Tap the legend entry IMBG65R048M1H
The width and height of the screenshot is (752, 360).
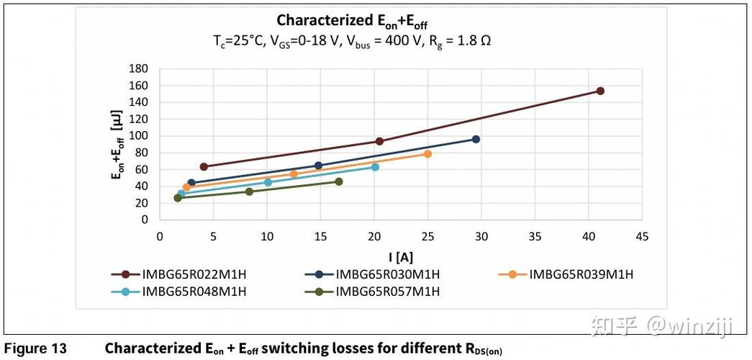point(194,292)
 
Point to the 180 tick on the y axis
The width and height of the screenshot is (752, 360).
point(138,69)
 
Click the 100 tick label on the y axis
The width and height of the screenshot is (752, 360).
point(138,136)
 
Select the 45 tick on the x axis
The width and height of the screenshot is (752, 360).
point(642,236)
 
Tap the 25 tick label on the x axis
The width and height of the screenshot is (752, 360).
point(427,236)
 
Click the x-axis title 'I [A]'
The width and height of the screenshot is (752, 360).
point(400,256)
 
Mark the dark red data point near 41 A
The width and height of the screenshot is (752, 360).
point(600,91)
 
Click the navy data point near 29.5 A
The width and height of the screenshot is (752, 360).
point(476,139)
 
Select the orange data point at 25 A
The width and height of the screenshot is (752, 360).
point(427,154)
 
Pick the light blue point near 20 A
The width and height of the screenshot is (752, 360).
point(375,167)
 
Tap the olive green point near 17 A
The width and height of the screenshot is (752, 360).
point(339,181)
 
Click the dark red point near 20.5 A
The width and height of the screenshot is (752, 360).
point(379,141)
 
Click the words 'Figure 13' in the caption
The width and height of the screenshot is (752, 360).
point(35,348)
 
